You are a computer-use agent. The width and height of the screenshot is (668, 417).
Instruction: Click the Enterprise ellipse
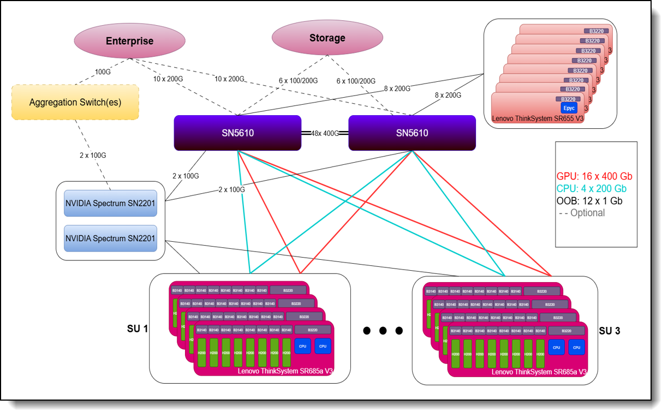click(129, 41)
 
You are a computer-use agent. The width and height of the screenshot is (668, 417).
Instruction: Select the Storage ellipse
click(327, 38)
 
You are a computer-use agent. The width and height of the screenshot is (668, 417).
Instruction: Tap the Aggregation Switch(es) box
click(75, 102)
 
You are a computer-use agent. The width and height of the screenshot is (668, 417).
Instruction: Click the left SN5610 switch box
click(237, 133)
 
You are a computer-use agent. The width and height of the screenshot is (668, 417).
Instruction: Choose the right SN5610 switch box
click(412, 133)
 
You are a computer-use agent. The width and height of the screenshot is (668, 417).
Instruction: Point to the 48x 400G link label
click(325, 133)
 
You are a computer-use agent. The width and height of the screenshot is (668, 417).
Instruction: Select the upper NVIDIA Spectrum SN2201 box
click(110, 204)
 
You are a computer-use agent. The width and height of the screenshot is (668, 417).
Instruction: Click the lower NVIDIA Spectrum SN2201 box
click(110, 238)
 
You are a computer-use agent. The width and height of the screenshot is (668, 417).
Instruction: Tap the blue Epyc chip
click(569, 108)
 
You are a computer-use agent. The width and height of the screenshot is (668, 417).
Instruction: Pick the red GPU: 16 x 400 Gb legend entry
click(594, 176)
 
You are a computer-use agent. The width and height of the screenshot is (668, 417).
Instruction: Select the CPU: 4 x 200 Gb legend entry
click(592, 188)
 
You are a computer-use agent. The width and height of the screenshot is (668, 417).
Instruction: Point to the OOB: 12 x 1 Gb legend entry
click(590, 200)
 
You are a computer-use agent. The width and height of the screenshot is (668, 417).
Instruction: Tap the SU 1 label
click(138, 329)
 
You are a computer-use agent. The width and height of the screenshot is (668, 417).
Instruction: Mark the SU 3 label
click(609, 330)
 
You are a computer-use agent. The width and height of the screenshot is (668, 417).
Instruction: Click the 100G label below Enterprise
click(103, 72)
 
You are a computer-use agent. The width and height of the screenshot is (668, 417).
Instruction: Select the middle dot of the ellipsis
click(383, 330)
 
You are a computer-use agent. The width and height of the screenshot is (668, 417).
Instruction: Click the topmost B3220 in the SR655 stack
click(595, 31)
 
